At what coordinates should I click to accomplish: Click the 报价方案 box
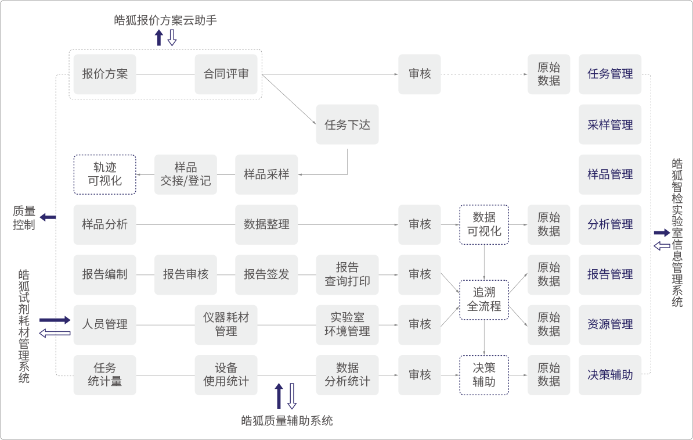[105, 74]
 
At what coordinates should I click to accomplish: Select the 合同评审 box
[226, 74]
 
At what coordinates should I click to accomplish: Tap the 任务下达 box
[347, 124]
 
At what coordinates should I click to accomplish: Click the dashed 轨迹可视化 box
[105, 174]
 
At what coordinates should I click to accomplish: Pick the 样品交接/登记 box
[186, 174]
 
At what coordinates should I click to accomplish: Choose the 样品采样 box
[266, 174]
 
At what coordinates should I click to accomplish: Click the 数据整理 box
[266, 224]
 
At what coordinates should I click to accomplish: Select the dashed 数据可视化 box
[484, 224]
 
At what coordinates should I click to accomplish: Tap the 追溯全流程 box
[484, 299]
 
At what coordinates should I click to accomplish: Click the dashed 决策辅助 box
[484, 375]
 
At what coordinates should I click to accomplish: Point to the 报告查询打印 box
[347, 274]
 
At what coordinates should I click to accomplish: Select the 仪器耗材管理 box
[226, 324]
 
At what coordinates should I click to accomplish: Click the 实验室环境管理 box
[347, 324]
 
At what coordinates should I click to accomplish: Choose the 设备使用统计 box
[226, 375]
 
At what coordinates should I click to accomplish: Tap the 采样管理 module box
[610, 124]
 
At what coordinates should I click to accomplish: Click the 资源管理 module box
[610, 324]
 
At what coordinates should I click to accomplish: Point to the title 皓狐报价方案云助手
[166, 20]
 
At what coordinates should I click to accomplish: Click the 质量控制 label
[24, 218]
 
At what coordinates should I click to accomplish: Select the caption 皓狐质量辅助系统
[287, 421]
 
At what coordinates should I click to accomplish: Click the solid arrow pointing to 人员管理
[55, 320]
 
